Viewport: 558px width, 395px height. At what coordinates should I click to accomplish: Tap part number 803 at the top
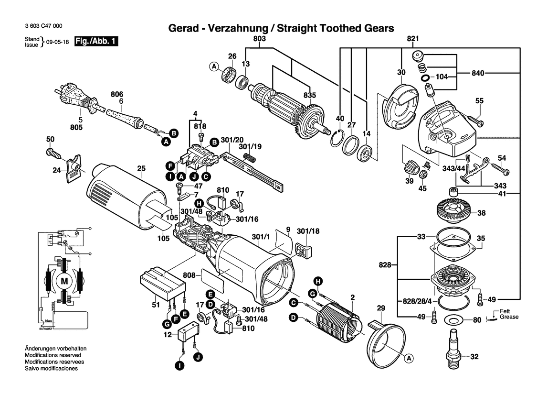[260, 38]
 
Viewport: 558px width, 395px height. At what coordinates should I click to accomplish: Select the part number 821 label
[413, 38]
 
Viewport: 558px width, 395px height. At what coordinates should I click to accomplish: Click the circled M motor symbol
[64, 281]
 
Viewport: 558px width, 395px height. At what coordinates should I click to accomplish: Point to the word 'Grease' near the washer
[509, 317]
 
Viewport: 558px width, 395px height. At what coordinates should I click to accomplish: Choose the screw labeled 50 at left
[53, 154]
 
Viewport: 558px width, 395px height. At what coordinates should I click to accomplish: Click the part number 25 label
[141, 168]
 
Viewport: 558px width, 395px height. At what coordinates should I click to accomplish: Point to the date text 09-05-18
[58, 42]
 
